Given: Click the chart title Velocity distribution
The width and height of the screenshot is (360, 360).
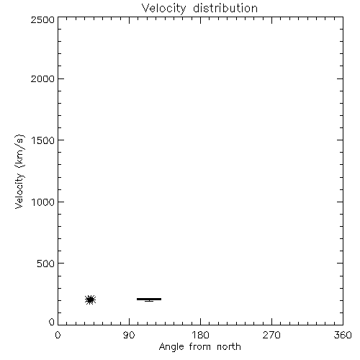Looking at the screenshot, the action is tap(199, 9).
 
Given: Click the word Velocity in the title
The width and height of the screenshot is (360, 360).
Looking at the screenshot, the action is tap(163, 9).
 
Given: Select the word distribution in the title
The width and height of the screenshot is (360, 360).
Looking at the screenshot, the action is tap(225, 8).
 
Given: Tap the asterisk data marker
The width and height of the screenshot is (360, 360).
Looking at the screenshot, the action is tap(91, 300).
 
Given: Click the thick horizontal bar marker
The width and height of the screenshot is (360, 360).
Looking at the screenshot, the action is tap(149, 299).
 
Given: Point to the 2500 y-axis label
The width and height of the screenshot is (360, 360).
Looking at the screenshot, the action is tap(42, 19).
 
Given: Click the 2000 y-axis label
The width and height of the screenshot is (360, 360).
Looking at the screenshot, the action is tap(42, 78).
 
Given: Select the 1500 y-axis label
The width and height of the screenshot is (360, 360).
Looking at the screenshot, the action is tap(43, 140).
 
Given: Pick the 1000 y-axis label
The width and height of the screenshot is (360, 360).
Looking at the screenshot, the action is tap(43, 202).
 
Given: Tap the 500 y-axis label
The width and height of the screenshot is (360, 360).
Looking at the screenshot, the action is tap(46, 264).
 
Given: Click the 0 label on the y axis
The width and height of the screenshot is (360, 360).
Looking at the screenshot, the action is tap(52, 322).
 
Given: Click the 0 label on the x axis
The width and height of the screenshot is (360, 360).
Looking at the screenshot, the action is tap(58, 335).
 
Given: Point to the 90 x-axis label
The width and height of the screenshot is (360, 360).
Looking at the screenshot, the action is tap(129, 335).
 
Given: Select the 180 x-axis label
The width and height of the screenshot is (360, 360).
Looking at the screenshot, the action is tap(200, 335).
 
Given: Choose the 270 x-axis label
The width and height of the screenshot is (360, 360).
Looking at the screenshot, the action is tap(271, 335).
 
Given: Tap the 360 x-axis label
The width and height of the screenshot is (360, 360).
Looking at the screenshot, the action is tap(343, 335).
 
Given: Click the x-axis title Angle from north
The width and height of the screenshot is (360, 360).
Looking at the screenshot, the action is tap(200, 347).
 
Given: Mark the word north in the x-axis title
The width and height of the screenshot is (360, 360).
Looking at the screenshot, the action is tap(229, 346).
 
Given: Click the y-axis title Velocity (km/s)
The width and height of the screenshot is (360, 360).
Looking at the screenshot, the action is tap(19, 171).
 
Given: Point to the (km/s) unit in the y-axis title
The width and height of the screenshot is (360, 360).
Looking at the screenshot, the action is tap(19, 151).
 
